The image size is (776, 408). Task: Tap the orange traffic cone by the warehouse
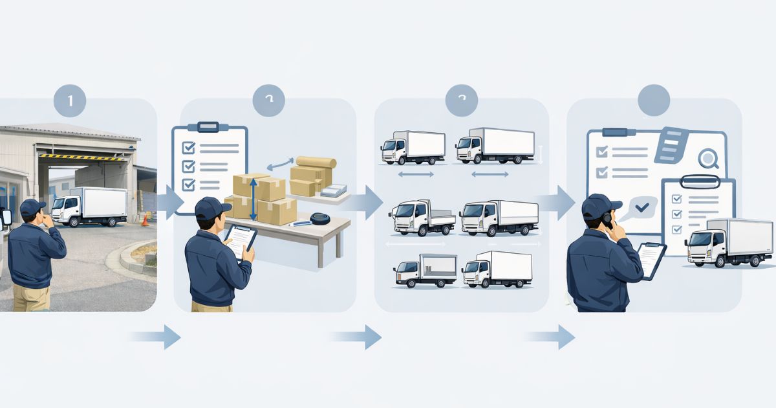click(x=145, y=220)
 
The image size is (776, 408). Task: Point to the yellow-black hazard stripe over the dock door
click(x=81, y=157)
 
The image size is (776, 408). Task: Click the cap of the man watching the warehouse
click(x=32, y=207)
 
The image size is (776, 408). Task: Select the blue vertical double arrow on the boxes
click(x=253, y=198)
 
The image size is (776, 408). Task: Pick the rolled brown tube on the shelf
click(x=316, y=162)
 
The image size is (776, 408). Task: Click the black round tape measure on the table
click(x=319, y=218)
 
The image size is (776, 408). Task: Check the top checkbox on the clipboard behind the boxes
click(x=189, y=148)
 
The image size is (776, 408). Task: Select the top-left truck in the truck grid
click(x=413, y=148)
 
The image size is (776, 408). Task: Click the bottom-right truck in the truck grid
click(x=497, y=269)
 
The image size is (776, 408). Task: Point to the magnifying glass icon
click(x=709, y=158)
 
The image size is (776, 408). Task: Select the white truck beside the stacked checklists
click(x=729, y=242)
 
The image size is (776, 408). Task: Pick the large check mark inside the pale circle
click(x=642, y=207)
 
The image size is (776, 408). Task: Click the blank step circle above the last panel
click(x=654, y=100)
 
